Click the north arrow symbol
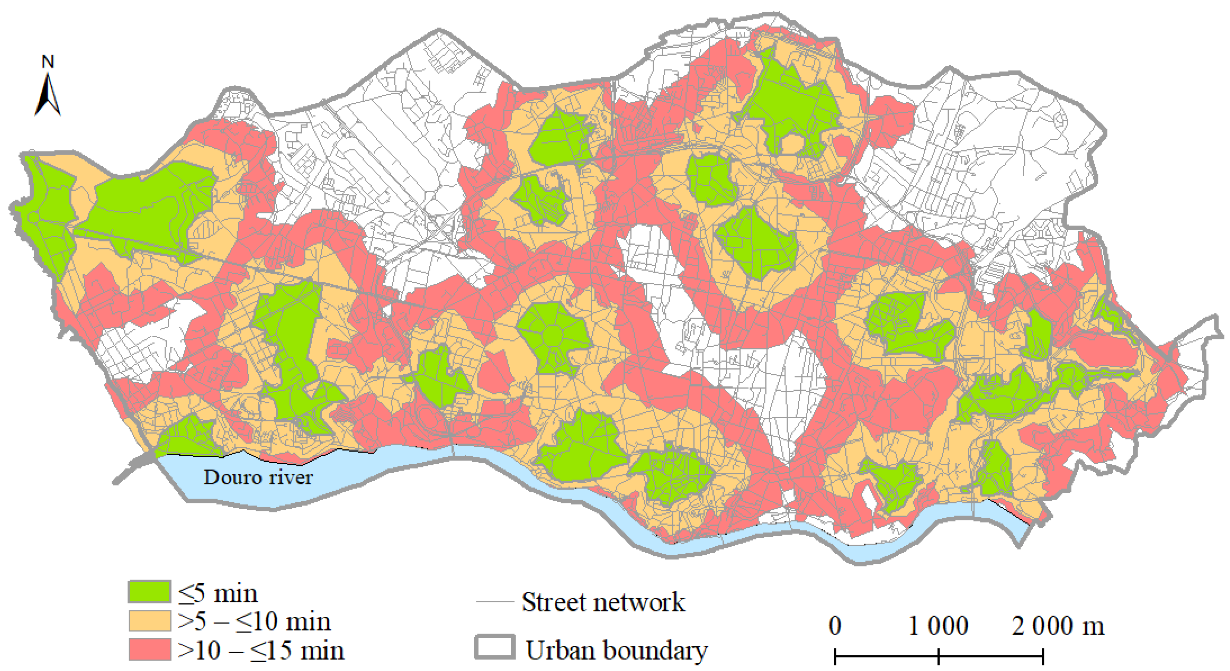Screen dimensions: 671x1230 point(47,96)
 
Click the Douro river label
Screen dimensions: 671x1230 point(258,477)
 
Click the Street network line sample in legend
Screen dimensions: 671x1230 point(494,602)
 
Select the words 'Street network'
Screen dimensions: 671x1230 point(603,602)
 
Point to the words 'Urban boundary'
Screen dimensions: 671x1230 point(616,651)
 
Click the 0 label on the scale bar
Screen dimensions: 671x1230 point(835,626)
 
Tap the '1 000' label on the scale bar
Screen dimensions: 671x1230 point(938,626)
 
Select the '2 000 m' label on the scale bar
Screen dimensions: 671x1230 point(1058,626)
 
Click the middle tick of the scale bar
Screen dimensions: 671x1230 point(938,656)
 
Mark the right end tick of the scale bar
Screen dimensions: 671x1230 point(1043,656)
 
